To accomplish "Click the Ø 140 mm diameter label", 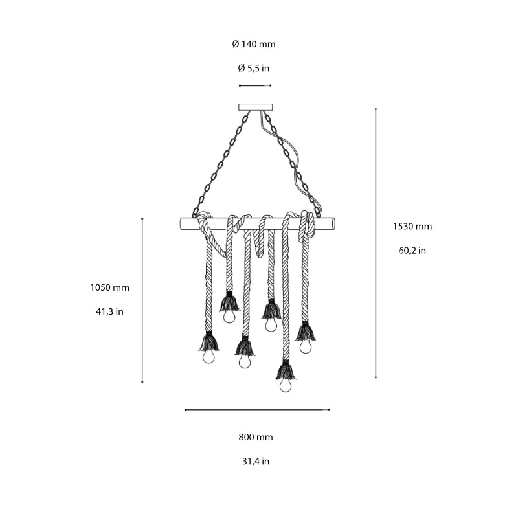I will [254, 44].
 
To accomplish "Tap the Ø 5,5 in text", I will [254, 67].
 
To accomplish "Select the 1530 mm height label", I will [412, 227].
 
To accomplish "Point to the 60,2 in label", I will [412, 250].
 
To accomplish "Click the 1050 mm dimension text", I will [109, 287].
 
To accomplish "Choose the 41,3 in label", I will [109, 311].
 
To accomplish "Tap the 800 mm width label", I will [256, 437].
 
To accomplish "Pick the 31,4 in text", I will [256, 461].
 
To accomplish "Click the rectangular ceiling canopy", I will [256, 107].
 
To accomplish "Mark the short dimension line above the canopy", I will [255, 85].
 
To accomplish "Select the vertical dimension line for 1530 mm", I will [376, 243].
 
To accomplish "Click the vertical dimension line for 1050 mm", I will [142, 300].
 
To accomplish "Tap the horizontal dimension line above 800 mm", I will [257, 409].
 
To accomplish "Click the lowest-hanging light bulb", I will [286, 386].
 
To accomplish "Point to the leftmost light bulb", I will [208, 357].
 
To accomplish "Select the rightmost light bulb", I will [306, 346].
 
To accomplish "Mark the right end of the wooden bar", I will [332, 223].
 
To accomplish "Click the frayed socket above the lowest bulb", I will [286, 371].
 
